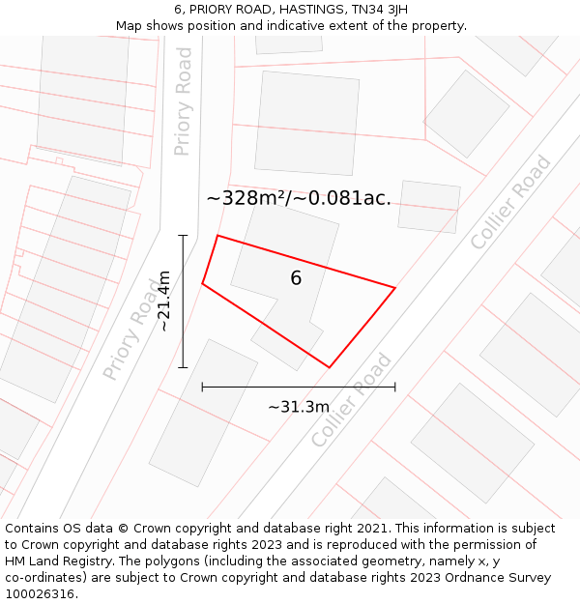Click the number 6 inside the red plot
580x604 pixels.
(296, 278)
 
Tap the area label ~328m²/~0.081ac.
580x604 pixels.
(299, 199)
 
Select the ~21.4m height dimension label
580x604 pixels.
(165, 301)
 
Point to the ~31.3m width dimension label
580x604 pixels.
(299, 407)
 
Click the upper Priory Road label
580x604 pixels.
(183, 101)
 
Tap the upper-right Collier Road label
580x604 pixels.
(510, 202)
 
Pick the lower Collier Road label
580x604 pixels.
(352, 400)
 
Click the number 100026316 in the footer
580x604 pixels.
(40, 594)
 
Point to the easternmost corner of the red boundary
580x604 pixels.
(394, 287)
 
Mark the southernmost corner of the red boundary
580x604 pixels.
(330, 367)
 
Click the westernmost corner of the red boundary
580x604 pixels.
(202, 283)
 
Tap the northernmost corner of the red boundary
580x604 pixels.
(217, 235)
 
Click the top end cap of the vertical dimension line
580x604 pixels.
(183, 235)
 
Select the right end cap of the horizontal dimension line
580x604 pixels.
(394, 387)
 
